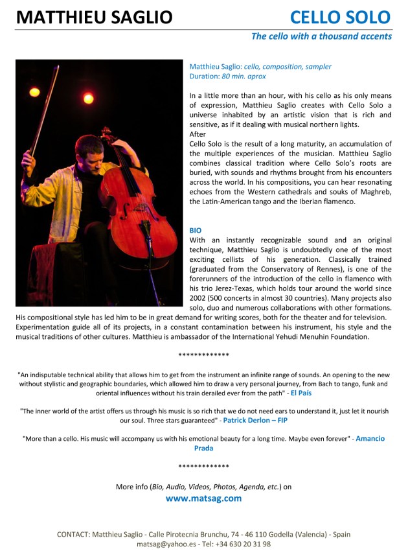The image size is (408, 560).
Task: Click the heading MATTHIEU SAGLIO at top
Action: coord(94,17)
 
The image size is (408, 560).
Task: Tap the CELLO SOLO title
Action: coord(340,17)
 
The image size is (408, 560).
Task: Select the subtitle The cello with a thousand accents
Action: coord(321,36)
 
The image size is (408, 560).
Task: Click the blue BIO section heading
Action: coord(196,230)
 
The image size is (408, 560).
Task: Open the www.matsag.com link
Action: coord(203,498)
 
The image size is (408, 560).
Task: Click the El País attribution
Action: coord(302,393)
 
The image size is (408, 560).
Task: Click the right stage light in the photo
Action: coord(89,99)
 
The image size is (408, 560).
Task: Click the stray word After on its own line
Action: coord(198,134)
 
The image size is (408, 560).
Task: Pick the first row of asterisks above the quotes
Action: coord(203,355)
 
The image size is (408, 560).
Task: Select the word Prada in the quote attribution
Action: coord(204,448)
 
